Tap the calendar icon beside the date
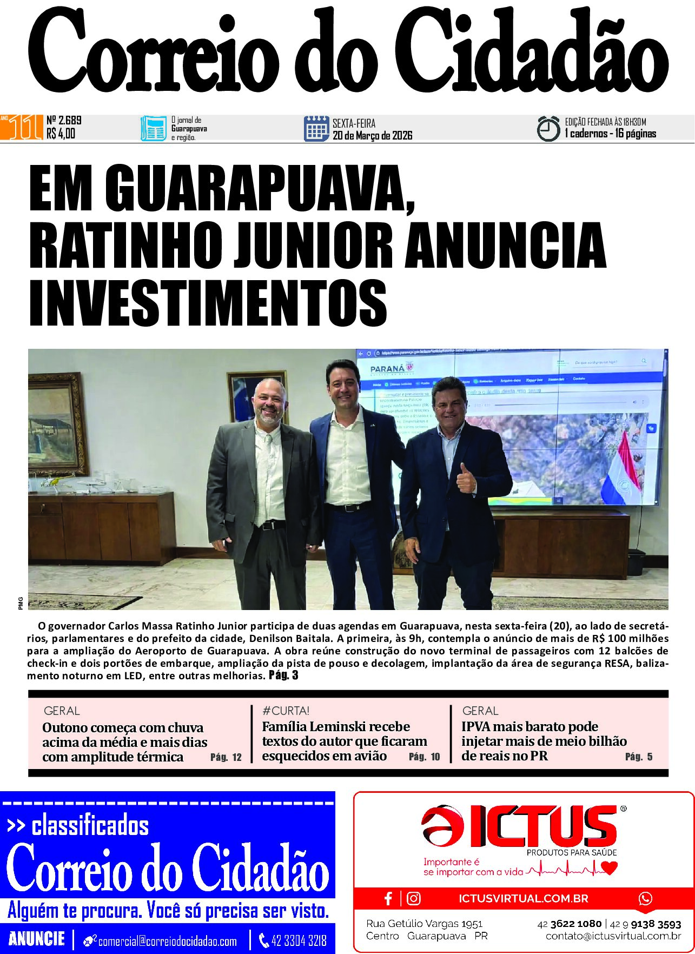coord(316,129)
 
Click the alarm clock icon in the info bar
coord(548,129)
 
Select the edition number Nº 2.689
coord(64,120)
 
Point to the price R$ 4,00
coord(61,134)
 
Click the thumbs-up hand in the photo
coord(466,478)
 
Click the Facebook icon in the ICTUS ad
coord(388,898)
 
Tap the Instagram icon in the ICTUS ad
coord(414,898)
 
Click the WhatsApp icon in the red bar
coord(645,898)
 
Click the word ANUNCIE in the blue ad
coord(37,938)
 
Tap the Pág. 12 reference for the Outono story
coord(226,757)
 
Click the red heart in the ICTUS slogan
coord(609,868)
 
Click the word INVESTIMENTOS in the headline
coord(208,302)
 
